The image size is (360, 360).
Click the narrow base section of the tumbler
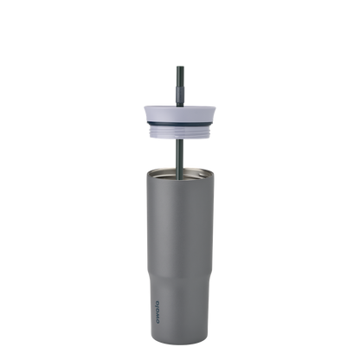tap(179, 303)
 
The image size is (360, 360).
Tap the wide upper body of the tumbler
tap(179, 216)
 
